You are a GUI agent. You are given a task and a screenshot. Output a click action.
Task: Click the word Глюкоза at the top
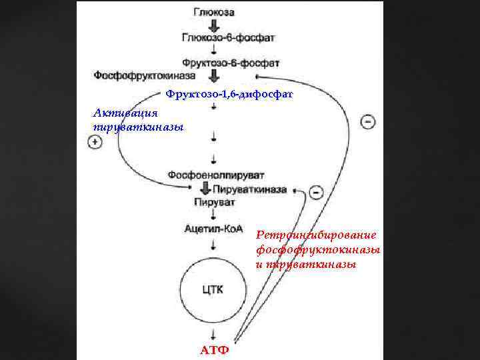[215, 11]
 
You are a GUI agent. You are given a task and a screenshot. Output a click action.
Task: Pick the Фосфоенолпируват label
[211, 175]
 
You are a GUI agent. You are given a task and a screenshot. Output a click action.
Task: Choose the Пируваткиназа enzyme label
[250, 189]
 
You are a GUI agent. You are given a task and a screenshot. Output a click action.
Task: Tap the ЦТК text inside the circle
[213, 289]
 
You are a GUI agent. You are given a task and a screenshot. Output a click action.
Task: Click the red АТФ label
[215, 350]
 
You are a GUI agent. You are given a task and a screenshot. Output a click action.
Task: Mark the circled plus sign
[95, 142]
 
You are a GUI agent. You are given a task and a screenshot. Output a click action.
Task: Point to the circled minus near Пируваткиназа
[316, 192]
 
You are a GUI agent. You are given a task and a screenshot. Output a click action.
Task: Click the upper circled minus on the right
[367, 122]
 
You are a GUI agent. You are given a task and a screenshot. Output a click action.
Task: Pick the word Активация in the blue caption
[115, 113]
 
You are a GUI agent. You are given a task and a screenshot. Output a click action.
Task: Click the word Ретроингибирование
[317, 235]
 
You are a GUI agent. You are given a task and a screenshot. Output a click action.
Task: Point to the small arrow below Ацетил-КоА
[213, 245]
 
